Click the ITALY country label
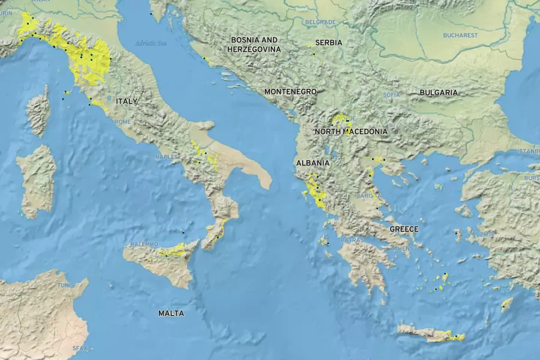tap(127, 101)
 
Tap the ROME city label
tap(122, 122)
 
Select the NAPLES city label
tap(166, 157)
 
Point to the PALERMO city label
tap(144, 244)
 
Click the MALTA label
tap(171, 313)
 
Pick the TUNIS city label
tap(66, 285)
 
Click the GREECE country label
tap(404, 229)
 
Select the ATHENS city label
tap(402, 248)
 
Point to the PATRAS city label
tap(353, 240)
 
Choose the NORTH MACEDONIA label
tap(351, 131)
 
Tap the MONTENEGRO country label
tap(290, 91)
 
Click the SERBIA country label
tap(329, 43)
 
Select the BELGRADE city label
tap(320, 22)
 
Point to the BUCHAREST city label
tap(460, 35)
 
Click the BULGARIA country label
tap(439, 92)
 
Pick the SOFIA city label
tap(391, 95)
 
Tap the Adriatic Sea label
tap(151, 43)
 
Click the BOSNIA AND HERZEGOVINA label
tap(254, 44)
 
